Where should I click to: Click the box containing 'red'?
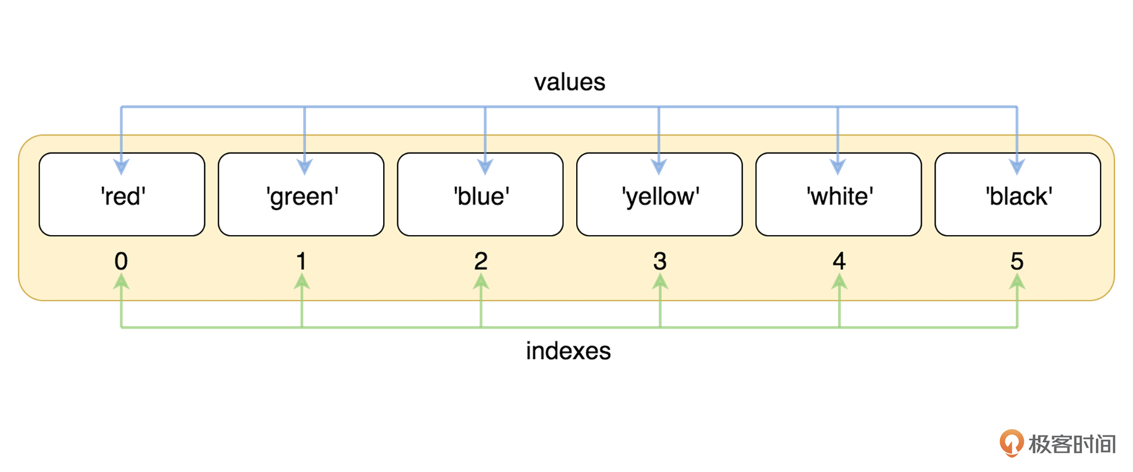click(x=122, y=194)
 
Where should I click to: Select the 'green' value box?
click(x=301, y=194)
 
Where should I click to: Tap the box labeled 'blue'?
click(x=481, y=194)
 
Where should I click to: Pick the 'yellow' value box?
click(x=659, y=194)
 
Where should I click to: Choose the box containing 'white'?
click(x=839, y=194)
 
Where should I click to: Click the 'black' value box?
click(x=1018, y=194)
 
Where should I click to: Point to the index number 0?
click(x=121, y=261)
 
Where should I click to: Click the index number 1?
click(x=301, y=261)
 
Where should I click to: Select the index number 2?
click(x=481, y=261)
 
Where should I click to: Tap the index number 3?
click(x=660, y=261)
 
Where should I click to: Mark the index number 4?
click(x=839, y=261)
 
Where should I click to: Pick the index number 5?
click(x=1017, y=261)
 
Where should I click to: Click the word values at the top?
click(x=569, y=82)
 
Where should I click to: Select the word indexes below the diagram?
click(x=568, y=351)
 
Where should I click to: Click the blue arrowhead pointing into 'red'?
click(x=121, y=166)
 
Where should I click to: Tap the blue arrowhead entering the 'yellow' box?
click(x=659, y=166)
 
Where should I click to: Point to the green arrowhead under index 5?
click(x=1017, y=281)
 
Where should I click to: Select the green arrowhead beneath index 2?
click(x=481, y=281)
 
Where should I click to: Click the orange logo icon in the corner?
click(x=1012, y=443)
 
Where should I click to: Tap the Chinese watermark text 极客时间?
click(x=1072, y=444)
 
